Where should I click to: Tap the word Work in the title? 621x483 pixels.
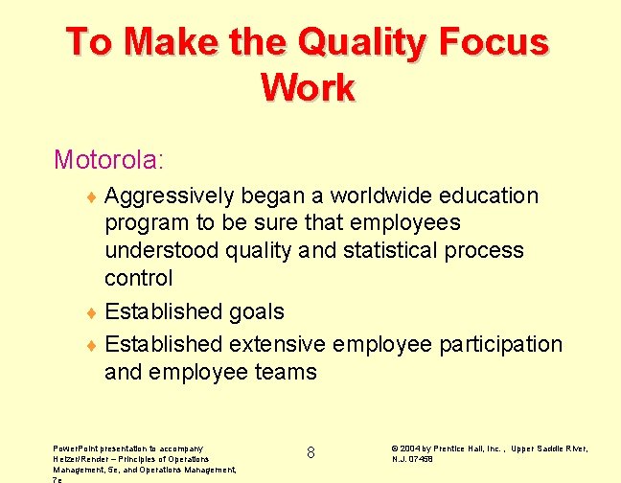pos(308,88)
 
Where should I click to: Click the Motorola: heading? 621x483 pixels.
pos(108,158)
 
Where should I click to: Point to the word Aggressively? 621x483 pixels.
pos(169,196)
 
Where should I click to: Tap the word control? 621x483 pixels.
pos(138,278)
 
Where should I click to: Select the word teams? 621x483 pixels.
pos(285,371)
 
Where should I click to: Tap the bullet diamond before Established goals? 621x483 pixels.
pos(91,313)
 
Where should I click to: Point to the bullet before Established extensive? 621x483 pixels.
pos(91,345)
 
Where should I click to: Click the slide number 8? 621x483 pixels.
pos(310,452)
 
